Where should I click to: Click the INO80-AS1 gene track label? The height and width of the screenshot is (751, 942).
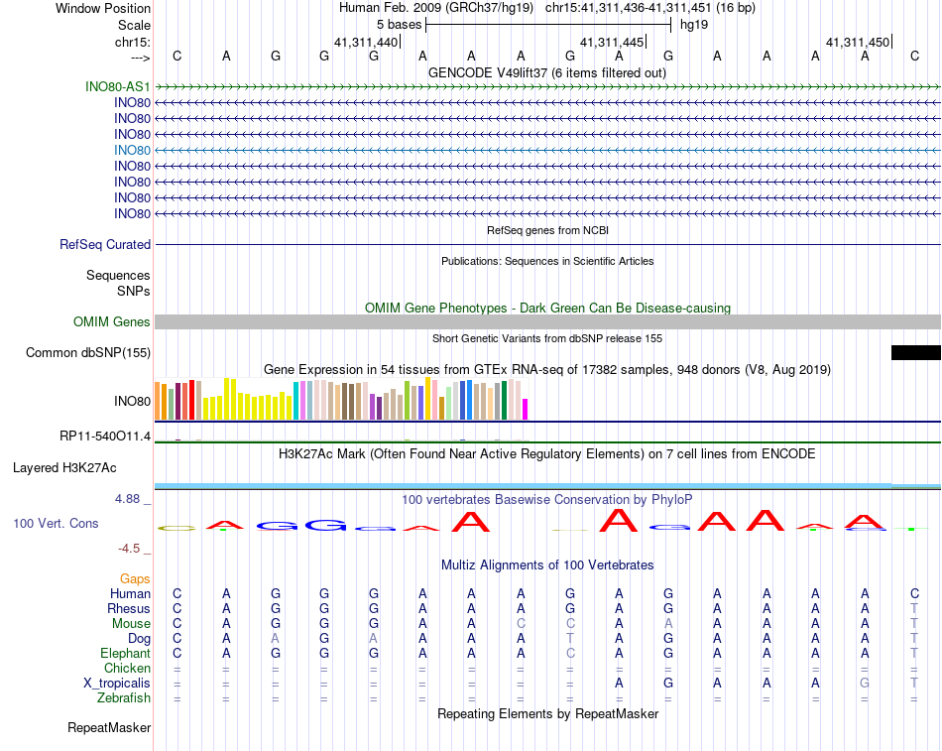pos(118,86)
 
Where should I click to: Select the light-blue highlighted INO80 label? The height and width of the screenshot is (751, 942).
pos(132,150)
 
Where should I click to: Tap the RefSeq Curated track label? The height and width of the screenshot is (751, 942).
pos(105,244)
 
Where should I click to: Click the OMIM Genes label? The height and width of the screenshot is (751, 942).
pos(112,321)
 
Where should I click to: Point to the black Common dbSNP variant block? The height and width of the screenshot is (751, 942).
pos(915,352)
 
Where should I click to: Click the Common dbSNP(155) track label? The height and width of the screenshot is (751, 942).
pos(88,352)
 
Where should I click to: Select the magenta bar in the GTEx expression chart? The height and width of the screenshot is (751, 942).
pos(526,409)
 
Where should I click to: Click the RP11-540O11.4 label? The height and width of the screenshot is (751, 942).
pos(105,437)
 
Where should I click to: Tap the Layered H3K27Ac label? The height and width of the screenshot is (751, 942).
pos(64,467)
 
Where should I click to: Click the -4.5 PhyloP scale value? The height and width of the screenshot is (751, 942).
pos(131,548)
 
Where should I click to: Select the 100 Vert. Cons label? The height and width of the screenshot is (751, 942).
pos(56,523)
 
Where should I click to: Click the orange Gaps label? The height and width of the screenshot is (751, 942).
pos(135,578)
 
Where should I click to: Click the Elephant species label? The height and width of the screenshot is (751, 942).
pos(125,653)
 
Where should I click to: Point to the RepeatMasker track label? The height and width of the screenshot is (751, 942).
pos(109,727)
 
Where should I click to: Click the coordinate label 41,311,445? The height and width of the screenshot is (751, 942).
pos(611,42)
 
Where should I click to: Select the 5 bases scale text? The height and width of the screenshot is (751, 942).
pos(399,23)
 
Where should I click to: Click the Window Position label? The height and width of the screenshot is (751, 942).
pos(103,8)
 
